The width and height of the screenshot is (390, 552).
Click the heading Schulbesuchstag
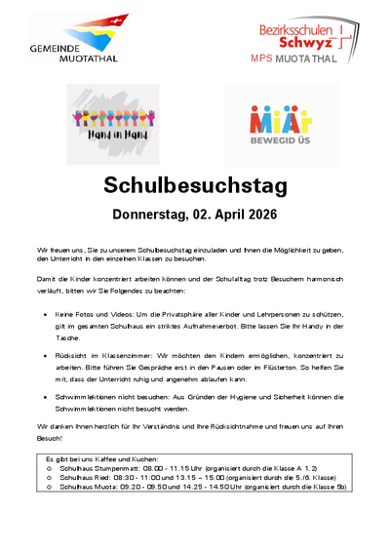(194, 186)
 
